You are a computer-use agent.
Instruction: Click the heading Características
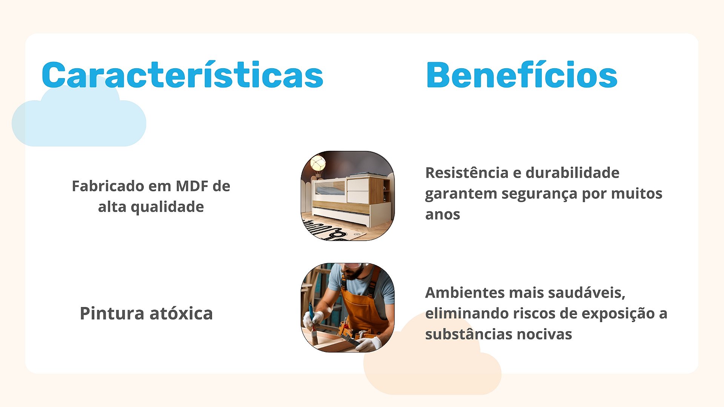click(x=182, y=75)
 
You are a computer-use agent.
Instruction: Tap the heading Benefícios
click(x=521, y=75)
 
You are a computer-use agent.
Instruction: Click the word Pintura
click(x=112, y=313)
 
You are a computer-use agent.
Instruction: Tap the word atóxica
click(x=181, y=313)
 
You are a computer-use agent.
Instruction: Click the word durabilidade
click(x=572, y=173)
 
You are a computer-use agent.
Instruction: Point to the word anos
click(x=443, y=215)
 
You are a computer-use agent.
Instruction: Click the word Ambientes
click(x=465, y=293)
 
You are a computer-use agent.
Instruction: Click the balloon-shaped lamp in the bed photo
click(x=318, y=165)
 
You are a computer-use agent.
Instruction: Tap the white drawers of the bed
click(x=357, y=191)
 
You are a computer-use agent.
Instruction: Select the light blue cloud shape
click(x=79, y=115)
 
